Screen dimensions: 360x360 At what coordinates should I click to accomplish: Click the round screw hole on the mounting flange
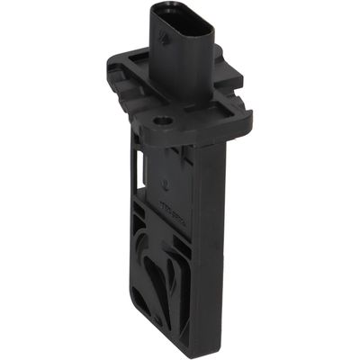click(x=165, y=119)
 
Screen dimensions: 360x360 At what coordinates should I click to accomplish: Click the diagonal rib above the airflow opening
click(x=171, y=243)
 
